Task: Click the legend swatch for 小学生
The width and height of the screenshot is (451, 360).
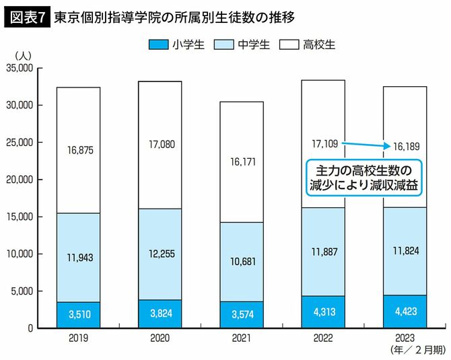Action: click(158, 45)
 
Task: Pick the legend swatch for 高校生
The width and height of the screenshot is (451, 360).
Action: click(288, 45)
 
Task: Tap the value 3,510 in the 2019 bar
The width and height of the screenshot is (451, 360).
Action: click(79, 314)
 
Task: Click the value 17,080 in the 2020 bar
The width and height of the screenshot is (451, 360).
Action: click(160, 143)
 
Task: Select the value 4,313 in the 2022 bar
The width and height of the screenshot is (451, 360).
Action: click(324, 313)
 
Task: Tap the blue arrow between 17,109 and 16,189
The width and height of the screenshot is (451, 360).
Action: click(366, 144)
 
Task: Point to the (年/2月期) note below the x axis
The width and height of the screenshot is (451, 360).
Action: click(416, 351)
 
